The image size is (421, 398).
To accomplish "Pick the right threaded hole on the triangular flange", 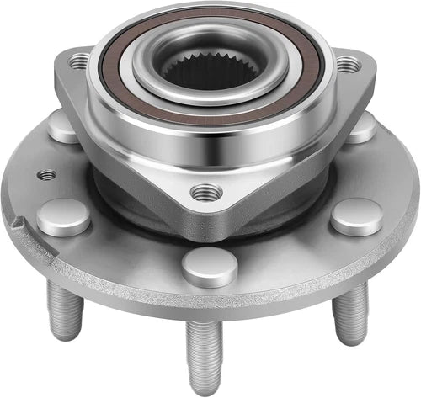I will pyautogui.click(x=346, y=64).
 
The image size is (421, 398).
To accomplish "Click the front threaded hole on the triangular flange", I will pyautogui.click(x=205, y=192).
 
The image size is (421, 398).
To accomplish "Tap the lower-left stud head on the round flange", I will pyautogui.click(x=64, y=216).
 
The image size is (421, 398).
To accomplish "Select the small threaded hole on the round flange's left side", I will pyautogui.click(x=48, y=175).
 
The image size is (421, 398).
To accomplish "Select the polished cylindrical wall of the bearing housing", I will pyautogui.click(x=210, y=151).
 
